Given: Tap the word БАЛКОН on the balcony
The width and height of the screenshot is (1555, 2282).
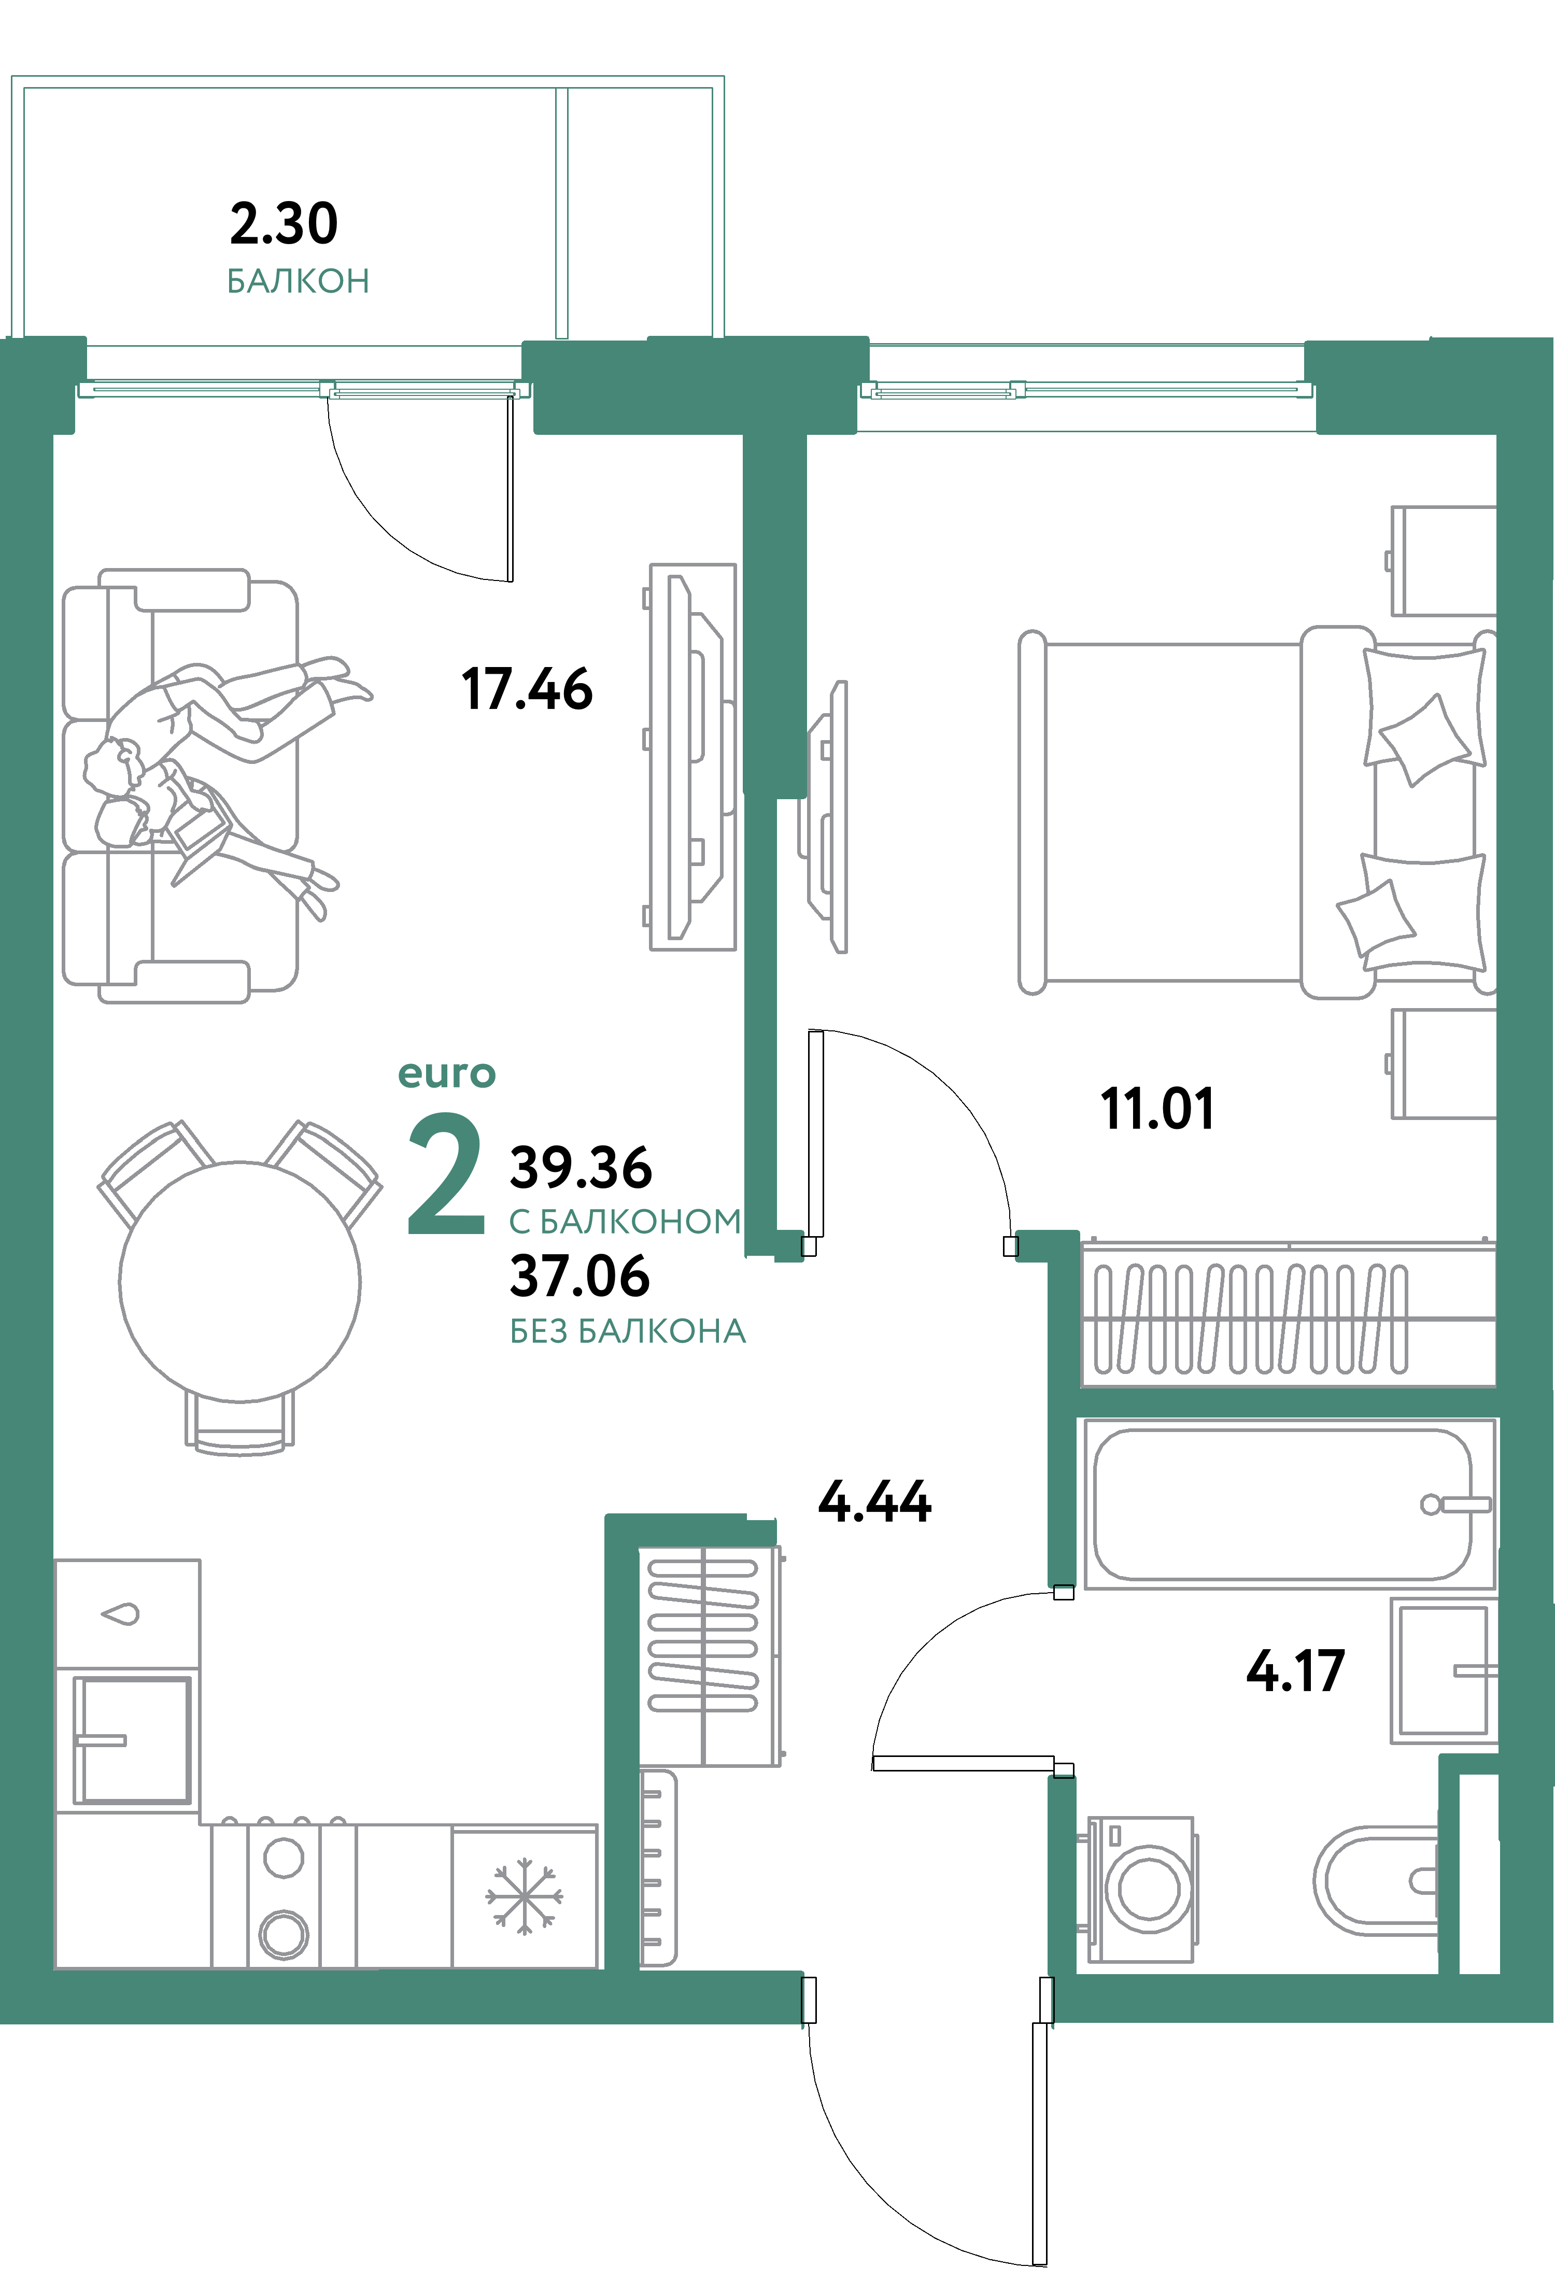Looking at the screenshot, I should pos(298,282).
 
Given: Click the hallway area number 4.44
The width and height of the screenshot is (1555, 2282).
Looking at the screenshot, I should pos(874,1501).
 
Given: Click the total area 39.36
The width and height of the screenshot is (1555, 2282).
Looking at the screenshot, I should pos(581,1168).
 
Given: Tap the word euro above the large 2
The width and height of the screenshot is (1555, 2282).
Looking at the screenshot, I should pos(447,1074).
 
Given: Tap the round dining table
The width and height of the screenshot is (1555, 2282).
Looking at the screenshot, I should pos(239,1281).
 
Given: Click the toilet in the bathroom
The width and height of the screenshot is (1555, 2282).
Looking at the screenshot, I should pos(1375,1880).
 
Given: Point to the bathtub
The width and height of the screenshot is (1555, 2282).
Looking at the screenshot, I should pos(1282,1504).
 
